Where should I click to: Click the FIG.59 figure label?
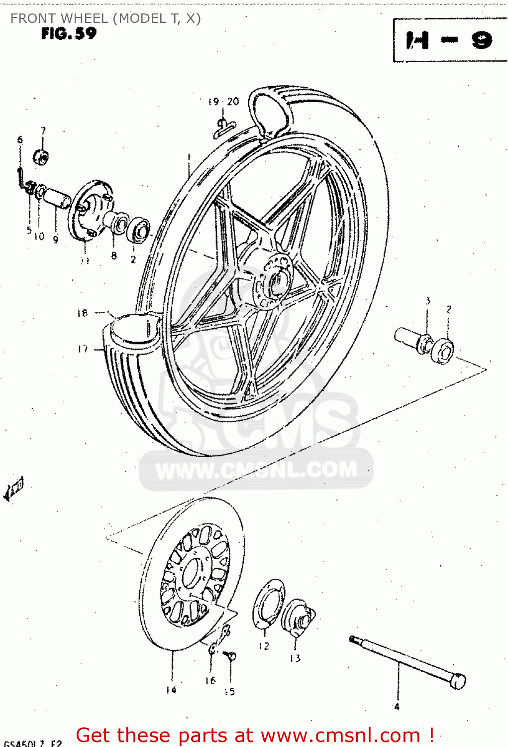pos(69,33)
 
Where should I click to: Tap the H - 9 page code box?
pos(449,40)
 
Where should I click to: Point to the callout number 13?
pos(295,658)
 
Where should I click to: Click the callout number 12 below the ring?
pos(264,646)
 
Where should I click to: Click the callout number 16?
pos(210,680)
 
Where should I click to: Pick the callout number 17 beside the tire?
pos(83,349)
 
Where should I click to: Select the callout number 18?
pos(82,313)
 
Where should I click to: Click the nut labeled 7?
pos(41,157)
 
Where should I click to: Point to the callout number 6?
pos(20,140)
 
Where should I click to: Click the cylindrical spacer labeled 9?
pos(58,197)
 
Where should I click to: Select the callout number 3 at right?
pos(427,301)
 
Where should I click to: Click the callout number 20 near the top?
pos(233,102)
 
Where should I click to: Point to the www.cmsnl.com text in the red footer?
pos(340,735)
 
